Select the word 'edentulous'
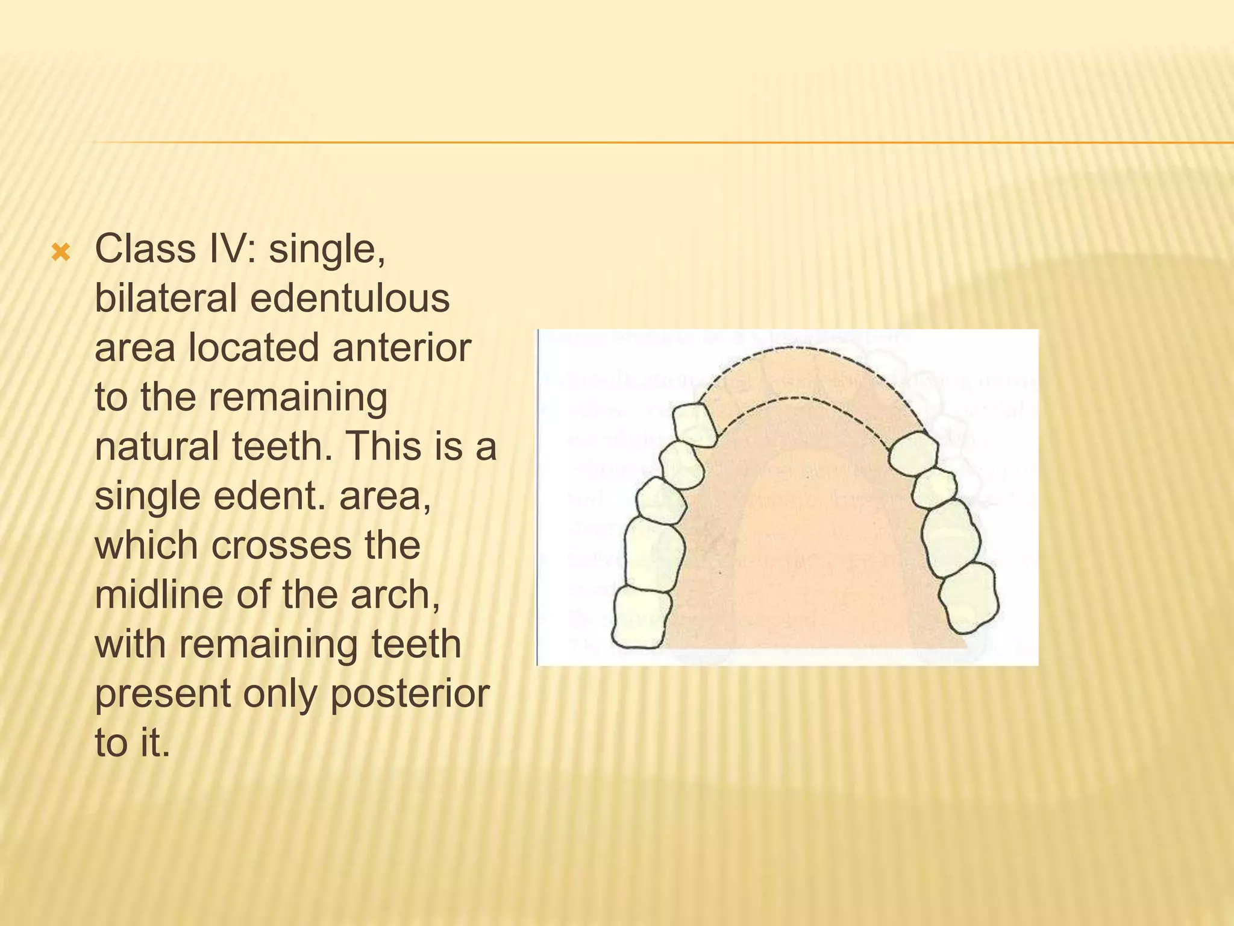349,298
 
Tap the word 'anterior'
401,348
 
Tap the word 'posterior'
410,694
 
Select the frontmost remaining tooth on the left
696,424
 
